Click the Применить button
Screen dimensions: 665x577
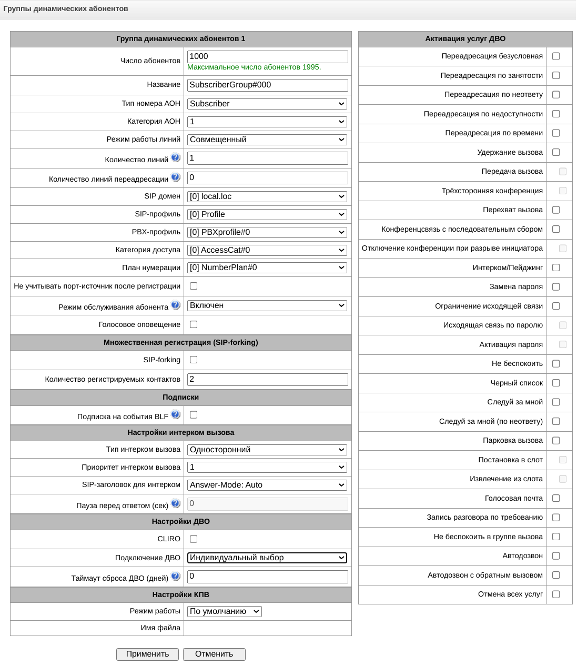[147, 654]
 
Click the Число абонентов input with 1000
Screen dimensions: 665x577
[267, 56]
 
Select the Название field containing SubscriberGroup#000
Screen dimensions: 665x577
[267, 85]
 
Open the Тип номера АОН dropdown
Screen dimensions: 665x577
[267, 104]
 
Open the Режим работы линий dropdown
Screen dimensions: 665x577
[267, 140]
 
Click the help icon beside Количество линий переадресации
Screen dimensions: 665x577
[176, 177]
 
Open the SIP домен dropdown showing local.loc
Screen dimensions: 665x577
[267, 196]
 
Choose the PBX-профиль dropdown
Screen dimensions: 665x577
[267, 232]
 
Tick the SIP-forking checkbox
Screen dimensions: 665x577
[194, 360]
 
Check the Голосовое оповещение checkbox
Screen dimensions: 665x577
[194, 324]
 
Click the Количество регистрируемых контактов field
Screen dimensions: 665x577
[267, 379]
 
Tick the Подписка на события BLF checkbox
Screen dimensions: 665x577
[194, 415]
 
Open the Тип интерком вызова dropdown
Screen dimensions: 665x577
[267, 450]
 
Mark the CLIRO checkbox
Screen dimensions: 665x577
[194, 539]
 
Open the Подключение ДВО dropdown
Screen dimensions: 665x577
[267, 558]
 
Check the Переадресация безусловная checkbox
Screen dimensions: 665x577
[556, 56]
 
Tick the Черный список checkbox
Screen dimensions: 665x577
[556, 383]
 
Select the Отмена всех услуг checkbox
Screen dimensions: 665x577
[556, 594]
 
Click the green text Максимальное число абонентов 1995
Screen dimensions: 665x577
[254, 67]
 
